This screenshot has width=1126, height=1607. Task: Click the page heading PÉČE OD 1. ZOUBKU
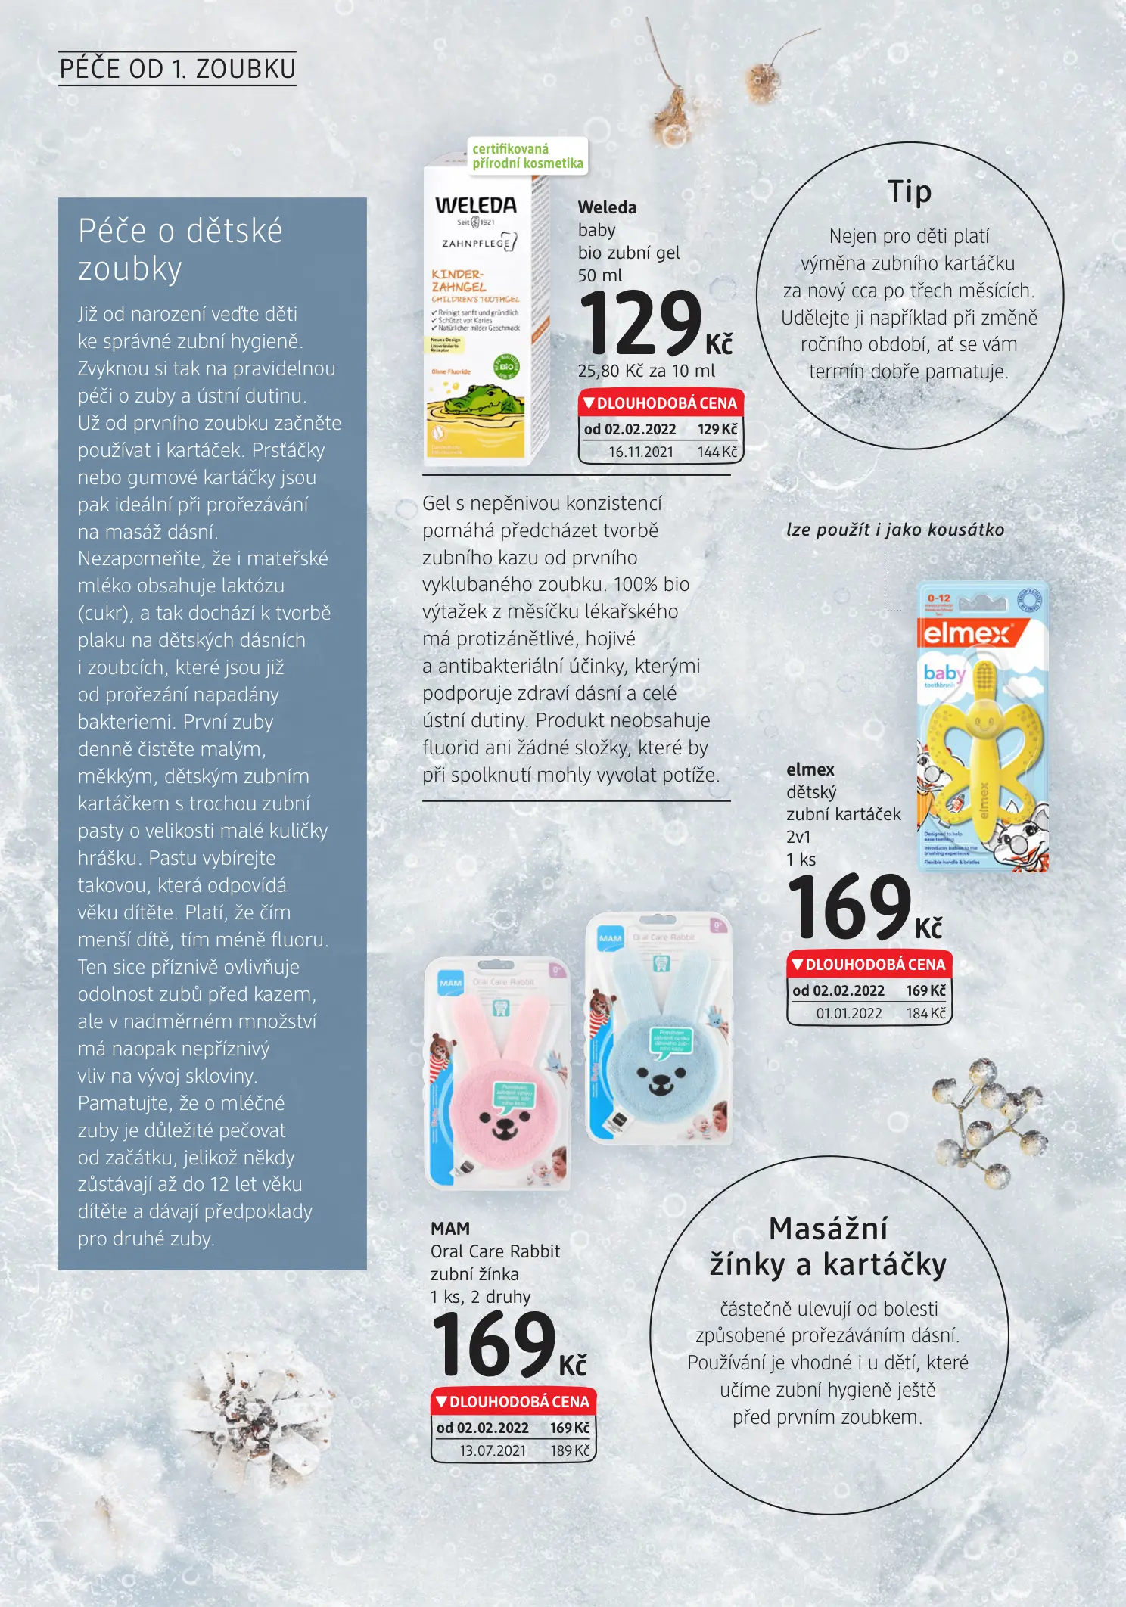tap(177, 69)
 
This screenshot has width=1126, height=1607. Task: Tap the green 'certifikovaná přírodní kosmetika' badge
tap(527, 156)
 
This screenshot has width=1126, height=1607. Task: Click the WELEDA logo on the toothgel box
tap(475, 205)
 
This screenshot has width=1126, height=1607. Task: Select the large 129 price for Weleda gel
tap(642, 323)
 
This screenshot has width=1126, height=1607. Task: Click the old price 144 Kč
tap(717, 452)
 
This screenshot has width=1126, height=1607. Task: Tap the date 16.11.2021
tap(641, 452)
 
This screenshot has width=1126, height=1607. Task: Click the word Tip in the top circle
tap(909, 191)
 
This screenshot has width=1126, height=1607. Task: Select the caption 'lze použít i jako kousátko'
tap(895, 530)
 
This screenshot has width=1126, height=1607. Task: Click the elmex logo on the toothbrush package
tap(967, 633)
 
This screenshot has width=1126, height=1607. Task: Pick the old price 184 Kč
tap(925, 1013)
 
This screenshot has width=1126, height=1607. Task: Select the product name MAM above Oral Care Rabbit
tap(450, 1229)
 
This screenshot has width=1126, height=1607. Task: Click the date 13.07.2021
tap(493, 1450)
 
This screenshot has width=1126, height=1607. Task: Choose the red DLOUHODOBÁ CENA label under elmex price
tap(869, 965)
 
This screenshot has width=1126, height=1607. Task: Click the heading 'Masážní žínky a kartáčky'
tap(828, 1247)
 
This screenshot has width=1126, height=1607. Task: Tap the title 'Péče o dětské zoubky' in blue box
tap(180, 250)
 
